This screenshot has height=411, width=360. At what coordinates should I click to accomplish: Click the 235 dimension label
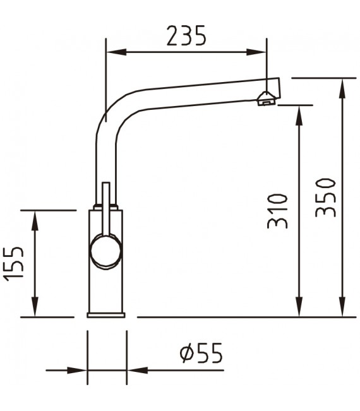[x=186, y=36]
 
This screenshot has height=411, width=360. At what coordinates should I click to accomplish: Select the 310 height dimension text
[x=278, y=210]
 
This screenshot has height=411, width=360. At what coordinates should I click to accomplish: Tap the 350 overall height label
[x=325, y=197]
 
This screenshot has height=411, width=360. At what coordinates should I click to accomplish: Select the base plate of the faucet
[x=107, y=313]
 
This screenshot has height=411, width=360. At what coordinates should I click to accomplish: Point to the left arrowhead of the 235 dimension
[x=114, y=53]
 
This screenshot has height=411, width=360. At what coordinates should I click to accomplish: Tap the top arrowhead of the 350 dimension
[x=343, y=86]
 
